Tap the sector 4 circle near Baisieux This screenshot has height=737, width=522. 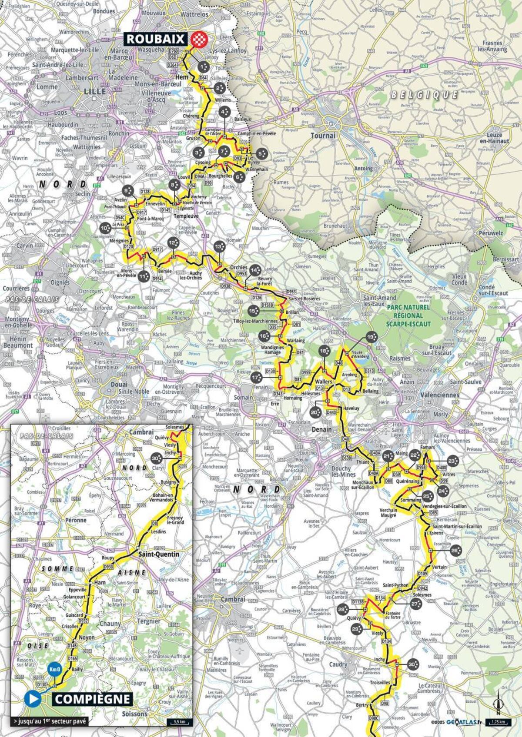tap(225, 113)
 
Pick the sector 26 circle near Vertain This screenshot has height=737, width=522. tap(455, 550)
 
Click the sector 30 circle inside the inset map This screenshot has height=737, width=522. tap(157, 458)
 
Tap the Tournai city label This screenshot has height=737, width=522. tap(323, 136)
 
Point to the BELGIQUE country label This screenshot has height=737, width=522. tap(424, 95)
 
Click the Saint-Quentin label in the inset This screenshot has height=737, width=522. tap(159, 554)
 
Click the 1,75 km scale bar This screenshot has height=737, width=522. tap(498, 722)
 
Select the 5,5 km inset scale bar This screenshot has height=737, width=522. tap(179, 722)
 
